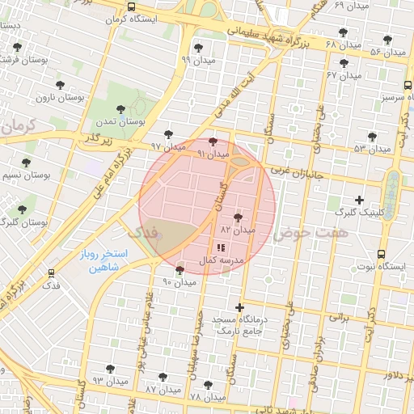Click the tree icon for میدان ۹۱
pos(213,141)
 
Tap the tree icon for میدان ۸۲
pos(238,218)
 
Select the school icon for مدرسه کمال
pos(221,248)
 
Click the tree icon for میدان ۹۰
pos(180,270)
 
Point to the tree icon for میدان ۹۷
pos(168,134)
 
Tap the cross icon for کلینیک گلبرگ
pos(360,199)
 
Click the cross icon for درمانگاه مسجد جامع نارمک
pos(239,307)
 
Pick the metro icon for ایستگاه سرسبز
pos(407,86)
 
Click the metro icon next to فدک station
pos(52,274)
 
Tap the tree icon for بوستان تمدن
pos(120,109)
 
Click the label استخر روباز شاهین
pos(100,260)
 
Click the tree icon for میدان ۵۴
pos(371,137)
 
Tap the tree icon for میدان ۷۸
pos(208,386)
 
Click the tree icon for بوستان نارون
pos(59,85)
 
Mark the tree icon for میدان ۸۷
pos(163,377)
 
